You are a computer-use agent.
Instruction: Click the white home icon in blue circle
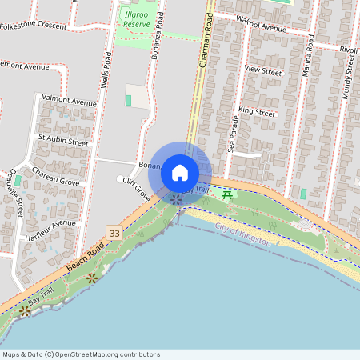pos(180,173)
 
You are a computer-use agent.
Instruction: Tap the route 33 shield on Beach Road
pos(114,233)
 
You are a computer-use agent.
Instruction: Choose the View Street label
pos(263,71)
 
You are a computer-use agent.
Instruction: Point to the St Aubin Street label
pos(62,139)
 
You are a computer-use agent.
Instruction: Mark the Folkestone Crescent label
pos(34,26)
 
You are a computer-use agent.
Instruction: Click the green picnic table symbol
pos(229,194)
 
